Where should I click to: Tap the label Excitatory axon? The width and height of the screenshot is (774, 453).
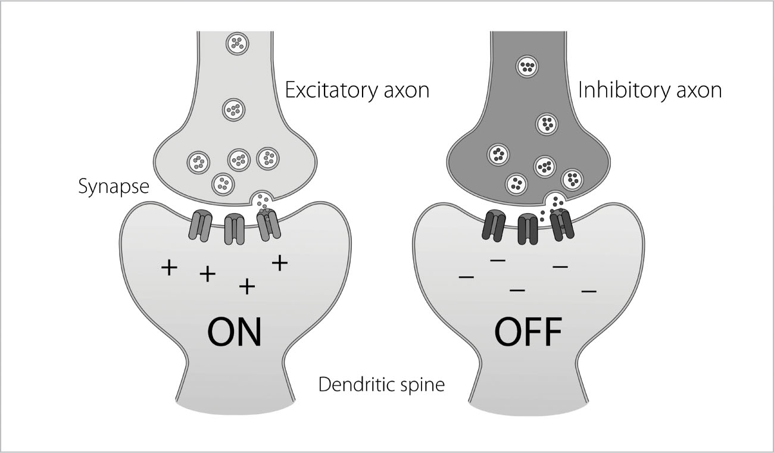[x=357, y=90]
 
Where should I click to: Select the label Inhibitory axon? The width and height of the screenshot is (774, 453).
[x=650, y=90]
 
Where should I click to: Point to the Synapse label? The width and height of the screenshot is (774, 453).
[x=113, y=188]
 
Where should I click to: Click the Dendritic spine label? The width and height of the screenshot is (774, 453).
[x=382, y=384]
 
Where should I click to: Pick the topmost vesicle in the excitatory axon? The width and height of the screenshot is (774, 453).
[x=237, y=43]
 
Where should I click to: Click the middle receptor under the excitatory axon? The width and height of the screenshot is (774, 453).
[x=234, y=229]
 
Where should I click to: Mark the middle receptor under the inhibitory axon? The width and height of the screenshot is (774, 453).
[x=528, y=229]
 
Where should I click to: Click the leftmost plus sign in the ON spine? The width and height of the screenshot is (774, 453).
[x=170, y=268]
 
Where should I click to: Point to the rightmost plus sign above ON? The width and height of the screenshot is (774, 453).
[x=279, y=263]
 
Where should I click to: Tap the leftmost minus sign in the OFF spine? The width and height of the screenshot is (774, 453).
[x=466, y=277]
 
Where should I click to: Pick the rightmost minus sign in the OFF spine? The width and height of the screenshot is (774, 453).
[x=589, y=291]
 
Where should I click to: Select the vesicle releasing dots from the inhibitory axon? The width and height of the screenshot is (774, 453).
[x=555, y=201]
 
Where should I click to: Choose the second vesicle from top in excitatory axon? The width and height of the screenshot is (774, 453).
[x=233, y=110]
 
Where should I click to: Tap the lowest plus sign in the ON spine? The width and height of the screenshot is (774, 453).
[x=246, y=288]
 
